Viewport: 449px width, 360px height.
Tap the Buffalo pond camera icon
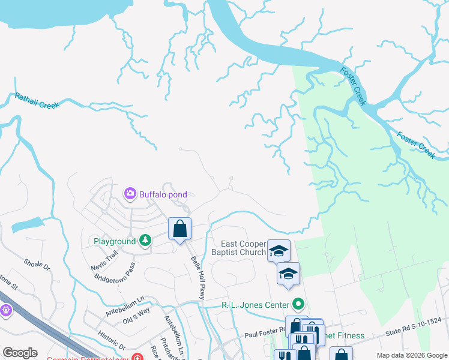pyautogui.click(x=130, y=194)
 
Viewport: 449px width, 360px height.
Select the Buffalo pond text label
pyautogui.click(x=163, y=194)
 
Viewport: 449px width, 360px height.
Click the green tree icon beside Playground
pyautogui.click(x=145, y=241)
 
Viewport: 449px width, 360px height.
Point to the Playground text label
pyautogui.click(x=115, y=242)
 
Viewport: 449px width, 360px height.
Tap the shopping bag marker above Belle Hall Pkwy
pyautogui.click(x=179, y=229)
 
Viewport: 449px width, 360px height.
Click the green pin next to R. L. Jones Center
pyautogui.click(x=296, y=304)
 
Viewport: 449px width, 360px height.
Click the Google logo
pyautogui.click(x=20, y=353)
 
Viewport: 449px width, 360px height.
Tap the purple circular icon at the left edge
pyautogui.click(x=5, y=310)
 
